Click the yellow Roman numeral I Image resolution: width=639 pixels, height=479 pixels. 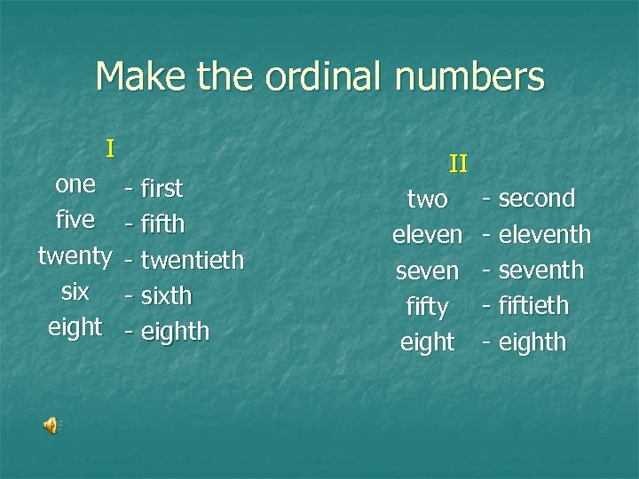tap(109, 147)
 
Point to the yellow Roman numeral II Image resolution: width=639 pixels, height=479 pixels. tap(458, 163)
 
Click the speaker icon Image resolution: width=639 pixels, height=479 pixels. tap(51, 426)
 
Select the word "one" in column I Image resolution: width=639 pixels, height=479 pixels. tap(75, 185)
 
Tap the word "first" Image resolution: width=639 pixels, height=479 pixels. tap(162, 188)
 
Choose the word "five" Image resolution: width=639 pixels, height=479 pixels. tap(75, 221)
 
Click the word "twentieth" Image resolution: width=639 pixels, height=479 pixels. tap(192, 260)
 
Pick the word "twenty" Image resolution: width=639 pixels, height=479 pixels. tap(75, 257)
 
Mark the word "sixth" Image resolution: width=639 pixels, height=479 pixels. tap(167, 295)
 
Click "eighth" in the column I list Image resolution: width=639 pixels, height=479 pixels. tap(175, 332)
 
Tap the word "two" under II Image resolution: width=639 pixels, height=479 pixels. tap(427, 200)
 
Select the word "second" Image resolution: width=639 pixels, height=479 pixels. tap(537, 198)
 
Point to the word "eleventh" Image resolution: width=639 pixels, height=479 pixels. tap(544, 234)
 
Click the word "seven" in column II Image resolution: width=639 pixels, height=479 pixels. tap(427, 271)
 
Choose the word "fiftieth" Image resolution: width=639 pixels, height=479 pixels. tap(533, 306)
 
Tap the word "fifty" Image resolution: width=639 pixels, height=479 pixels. tap(427, 307)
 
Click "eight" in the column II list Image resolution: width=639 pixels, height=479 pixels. tap(427, 342)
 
